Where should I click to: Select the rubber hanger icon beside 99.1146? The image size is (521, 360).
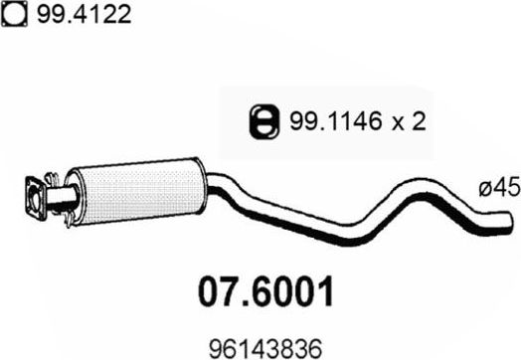260,121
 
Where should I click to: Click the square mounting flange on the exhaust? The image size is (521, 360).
37,195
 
